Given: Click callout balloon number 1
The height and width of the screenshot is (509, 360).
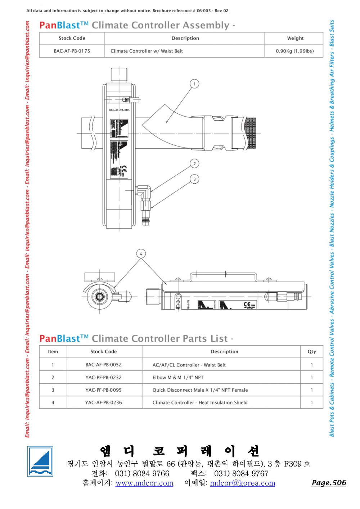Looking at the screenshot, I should [194, 84].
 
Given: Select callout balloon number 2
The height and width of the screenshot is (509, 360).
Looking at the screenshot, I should [194, 164].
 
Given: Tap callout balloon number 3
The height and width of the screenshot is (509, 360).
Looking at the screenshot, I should [194, 179].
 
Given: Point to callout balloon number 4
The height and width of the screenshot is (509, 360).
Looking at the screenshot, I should [141, 254].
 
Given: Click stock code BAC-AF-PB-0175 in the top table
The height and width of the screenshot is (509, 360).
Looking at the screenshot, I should [72, 51].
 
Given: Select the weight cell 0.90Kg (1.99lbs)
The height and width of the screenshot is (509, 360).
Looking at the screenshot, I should [294, 51].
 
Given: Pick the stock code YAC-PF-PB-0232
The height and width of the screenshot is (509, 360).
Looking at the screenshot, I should [103, 377].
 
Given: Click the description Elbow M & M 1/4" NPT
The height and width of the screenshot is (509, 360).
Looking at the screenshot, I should [178, 377].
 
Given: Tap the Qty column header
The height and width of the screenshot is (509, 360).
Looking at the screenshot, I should [312, 352].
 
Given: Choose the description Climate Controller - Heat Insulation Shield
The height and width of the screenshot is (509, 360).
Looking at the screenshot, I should [200, 402].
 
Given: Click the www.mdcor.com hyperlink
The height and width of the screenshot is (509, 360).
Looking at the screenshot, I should [144, 483].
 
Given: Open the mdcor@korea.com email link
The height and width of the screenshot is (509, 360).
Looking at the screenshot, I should [242, 483].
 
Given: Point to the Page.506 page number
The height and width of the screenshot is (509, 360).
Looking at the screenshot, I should [329, 483].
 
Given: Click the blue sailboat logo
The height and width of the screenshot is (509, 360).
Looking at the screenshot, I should [40, 461].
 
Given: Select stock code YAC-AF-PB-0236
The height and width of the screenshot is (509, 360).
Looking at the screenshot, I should [103, 402].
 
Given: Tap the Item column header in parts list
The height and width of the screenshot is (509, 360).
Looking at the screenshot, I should [53, 352].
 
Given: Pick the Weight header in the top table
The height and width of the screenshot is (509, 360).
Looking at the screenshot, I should [295, 38].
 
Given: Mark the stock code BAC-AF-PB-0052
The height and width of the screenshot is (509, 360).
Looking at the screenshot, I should [103, 365].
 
